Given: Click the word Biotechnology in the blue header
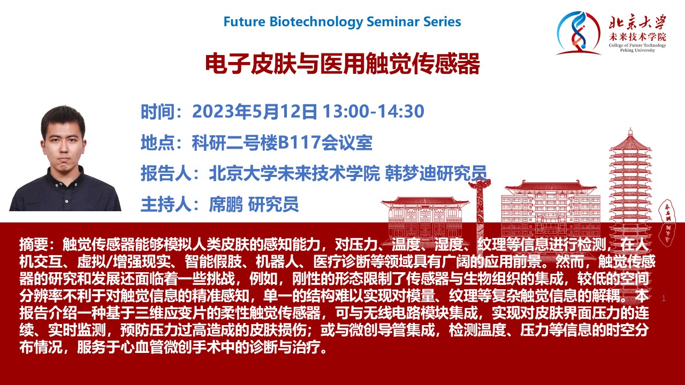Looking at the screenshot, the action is [x=316, y=22].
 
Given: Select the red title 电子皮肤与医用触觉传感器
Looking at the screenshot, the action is [x=342, y=64].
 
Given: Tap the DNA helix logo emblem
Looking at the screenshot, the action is [x=578, y=33].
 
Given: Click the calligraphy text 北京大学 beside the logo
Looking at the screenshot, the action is [x=637, y=22].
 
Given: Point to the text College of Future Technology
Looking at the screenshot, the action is [x=637, y=45].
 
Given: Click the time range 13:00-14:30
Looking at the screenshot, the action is [x=374, y=111].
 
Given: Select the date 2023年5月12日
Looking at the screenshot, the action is [x=255, y=111].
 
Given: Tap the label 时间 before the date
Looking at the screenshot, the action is [x=157, y=112].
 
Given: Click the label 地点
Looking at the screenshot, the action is [x=157, y=142].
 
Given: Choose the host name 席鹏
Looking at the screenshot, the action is [x=226, y=204].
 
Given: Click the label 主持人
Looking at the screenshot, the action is [x=166, y=204].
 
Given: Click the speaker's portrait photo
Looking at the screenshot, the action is [x=65, y=158].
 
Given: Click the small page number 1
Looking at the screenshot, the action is [x=663, y=298].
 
